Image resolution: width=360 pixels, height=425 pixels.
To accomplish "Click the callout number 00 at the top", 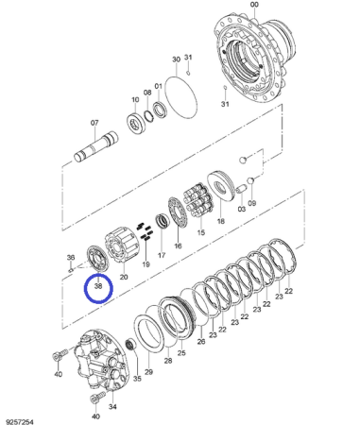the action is pos(254,5).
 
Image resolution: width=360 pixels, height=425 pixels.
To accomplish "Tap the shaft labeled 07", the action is pos(95,147).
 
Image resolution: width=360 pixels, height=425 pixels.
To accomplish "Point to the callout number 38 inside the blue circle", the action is pos(98,286).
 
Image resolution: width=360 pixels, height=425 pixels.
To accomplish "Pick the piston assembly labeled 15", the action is pos(198,201).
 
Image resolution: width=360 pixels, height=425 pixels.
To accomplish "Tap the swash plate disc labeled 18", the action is pos(220,186).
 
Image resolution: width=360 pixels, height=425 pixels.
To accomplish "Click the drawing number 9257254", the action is pos(20,422).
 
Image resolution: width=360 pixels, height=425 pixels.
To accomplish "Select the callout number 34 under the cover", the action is pos(112,407).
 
